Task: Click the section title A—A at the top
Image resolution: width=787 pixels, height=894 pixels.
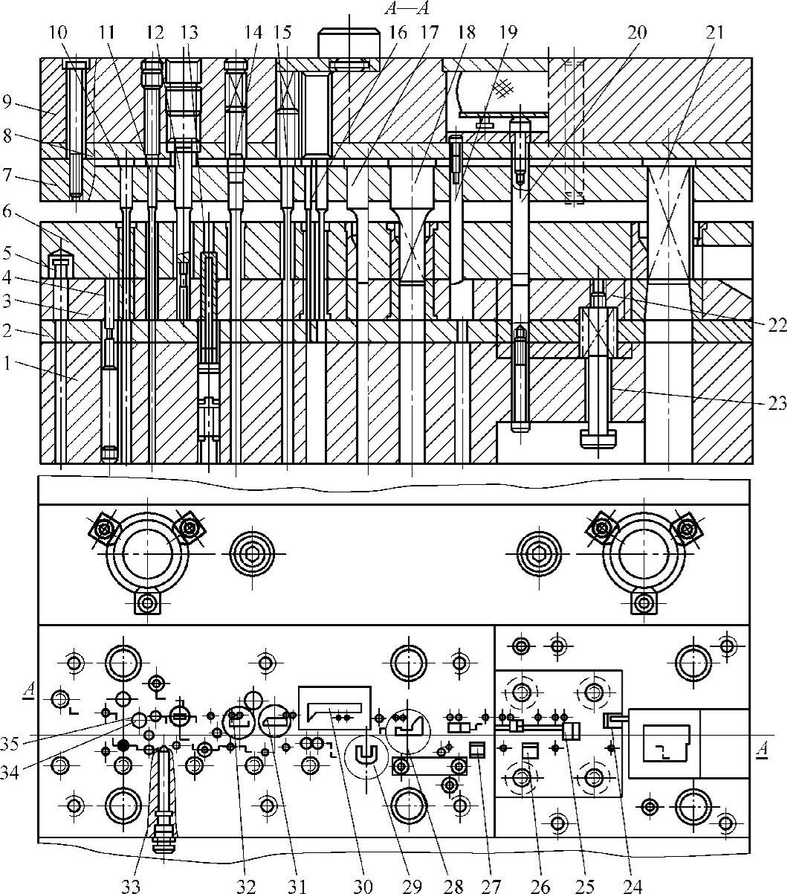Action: (x=406, y=8)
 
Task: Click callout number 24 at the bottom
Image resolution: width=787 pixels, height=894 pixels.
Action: (x=632, y=885)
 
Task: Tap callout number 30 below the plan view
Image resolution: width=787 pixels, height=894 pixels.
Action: (x=364, y=885)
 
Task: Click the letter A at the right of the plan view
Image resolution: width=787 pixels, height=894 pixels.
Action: (x=761, y=748)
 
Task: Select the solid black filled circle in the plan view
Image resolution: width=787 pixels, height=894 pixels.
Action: (x=123, y=745)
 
